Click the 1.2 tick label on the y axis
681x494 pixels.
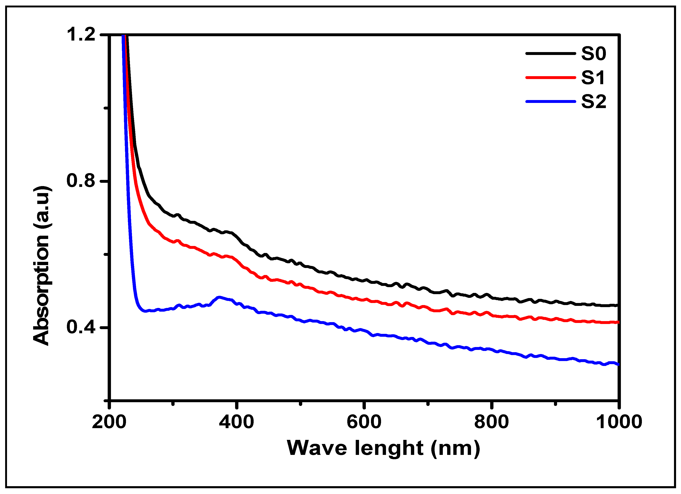(x=80, y=34)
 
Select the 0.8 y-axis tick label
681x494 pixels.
(x=80, y=181)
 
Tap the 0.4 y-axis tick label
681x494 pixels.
(x=80, y=327)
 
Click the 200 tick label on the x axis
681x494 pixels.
(x=109, y=422)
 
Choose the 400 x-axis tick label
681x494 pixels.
(x=236, y=422)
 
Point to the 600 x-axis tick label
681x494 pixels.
(x=364, y=422)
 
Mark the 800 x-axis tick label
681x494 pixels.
(x=492, y=422)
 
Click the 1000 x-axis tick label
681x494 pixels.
(x=619, y=422)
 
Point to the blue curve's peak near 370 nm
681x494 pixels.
(x=219, y=297)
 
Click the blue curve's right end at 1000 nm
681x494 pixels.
(x=618, y=365)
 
